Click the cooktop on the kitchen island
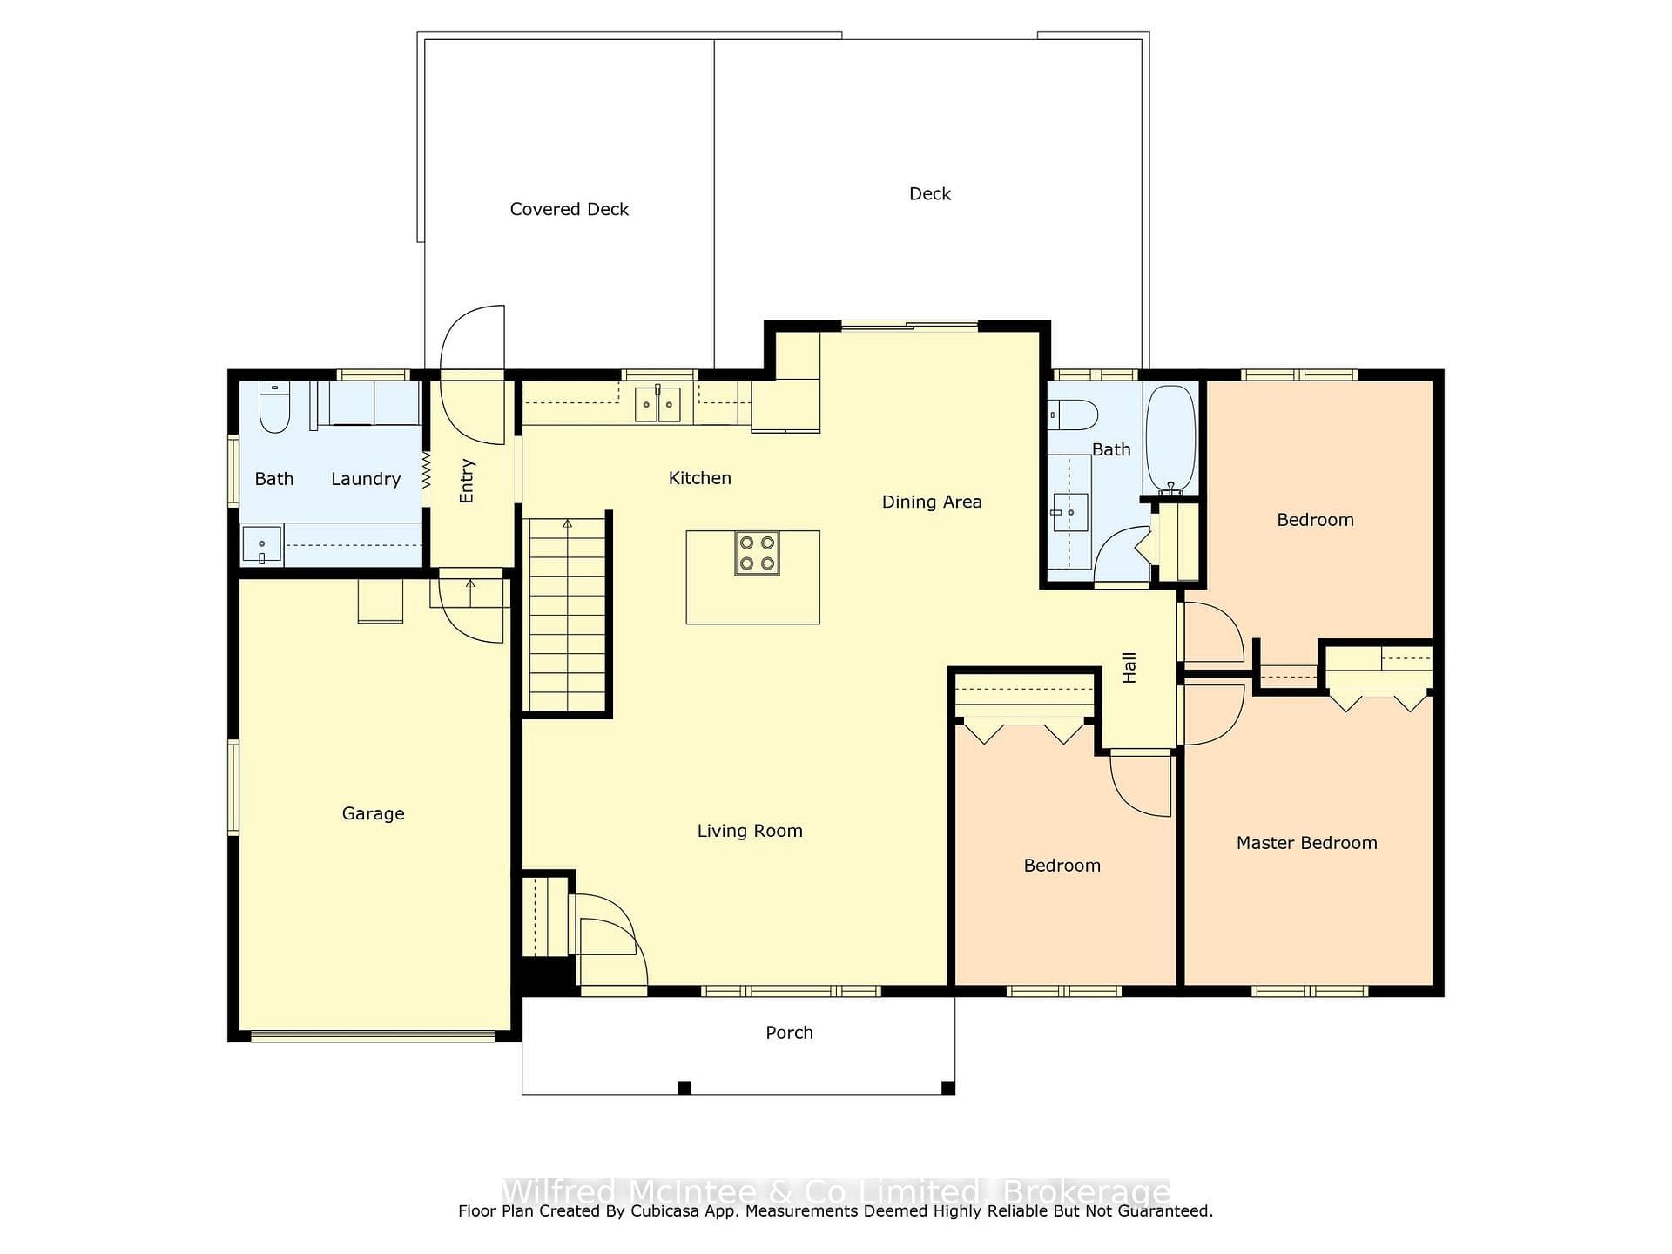[x=758, y=554]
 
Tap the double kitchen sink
[x=657, y=405]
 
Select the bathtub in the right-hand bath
[x=1171, y=440]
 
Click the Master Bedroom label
[x=1307, y=843]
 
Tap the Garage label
[x=373, y=813]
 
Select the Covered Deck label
[x=570, y=209]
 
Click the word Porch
[x=789, y=1033]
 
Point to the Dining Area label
[x=932, y=502]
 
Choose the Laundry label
[x=366, y=479]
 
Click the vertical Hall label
[x=1129, y=667]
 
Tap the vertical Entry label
[x=467, y=481]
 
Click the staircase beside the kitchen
[x=567, y=615]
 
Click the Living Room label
[x=750, y=831]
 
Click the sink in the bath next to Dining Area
[x=1069, y=512]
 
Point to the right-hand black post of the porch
[x=948, y=1088]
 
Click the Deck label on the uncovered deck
[x=930, y=194]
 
